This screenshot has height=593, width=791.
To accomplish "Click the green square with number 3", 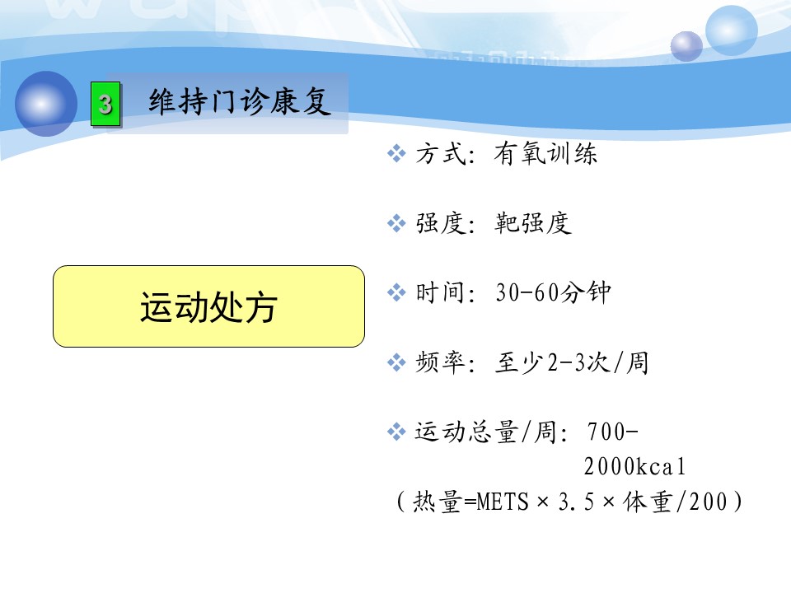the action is [x=105, y=104].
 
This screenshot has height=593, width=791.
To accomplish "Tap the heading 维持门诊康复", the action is [x=240, y=101].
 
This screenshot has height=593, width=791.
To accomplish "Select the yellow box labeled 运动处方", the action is [x=208, y=306].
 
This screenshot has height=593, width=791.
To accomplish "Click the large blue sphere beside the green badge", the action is [x=46, y=104].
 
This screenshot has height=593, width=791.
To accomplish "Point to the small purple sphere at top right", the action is [x=686, y=46].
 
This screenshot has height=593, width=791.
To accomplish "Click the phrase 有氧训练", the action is [x=545, y=153].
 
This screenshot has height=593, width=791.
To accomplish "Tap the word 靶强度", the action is [x=533, y=223].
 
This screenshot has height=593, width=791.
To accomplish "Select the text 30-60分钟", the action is [x=553, y=292].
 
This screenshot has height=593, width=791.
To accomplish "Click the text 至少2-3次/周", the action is [x=572, y=362].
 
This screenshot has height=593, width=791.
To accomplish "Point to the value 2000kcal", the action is [x=634, y=466].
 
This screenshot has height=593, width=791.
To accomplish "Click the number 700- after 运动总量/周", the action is [x=613, y=432].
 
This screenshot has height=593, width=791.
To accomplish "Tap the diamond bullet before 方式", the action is [x=396, y=153].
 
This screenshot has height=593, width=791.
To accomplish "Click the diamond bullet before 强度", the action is [x=396, y=223].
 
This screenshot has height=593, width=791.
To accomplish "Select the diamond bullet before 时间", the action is [x=396, y=292].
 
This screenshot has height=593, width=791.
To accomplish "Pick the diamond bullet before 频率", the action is [x=396, y=362].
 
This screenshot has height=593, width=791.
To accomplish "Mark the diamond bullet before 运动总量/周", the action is [x=396, y=432].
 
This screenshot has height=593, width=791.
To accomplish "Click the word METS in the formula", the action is [x=503, y=502].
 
